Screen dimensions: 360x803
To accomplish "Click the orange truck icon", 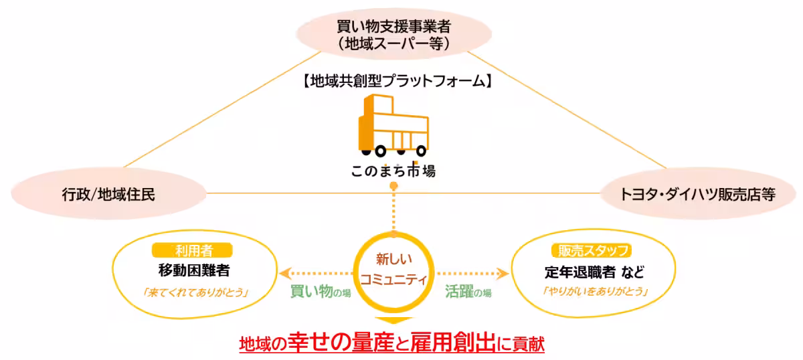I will click(393, 124).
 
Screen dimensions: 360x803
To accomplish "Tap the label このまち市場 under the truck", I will click(393, 171).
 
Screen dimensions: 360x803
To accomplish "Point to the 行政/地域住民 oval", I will click(107, 194).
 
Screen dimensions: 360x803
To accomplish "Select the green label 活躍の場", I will click(468, 292).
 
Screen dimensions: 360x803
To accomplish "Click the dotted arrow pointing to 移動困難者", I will click(315, 273).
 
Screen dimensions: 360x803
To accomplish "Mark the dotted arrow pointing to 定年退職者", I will click(472, 273).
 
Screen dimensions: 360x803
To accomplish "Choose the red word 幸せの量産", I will click(336, 343).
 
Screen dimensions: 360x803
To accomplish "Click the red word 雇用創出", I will click(458, 343).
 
